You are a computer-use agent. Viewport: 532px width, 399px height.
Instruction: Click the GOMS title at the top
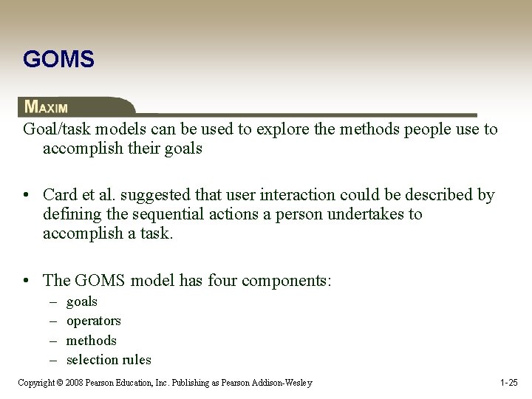click(58, 59)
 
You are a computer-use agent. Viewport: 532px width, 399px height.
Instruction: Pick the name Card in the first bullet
click(60, 195)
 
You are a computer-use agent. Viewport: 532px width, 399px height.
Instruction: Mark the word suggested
click(147, 195)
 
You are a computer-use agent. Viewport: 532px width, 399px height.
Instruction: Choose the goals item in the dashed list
click(81, 301)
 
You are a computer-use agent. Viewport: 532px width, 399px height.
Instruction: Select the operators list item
click(93, 321)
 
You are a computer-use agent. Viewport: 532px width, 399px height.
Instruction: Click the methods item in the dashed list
click(91, 341)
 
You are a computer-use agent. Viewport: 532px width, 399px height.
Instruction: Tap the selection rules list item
click(108, 360)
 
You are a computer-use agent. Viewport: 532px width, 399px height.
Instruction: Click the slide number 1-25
click(508, 383)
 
